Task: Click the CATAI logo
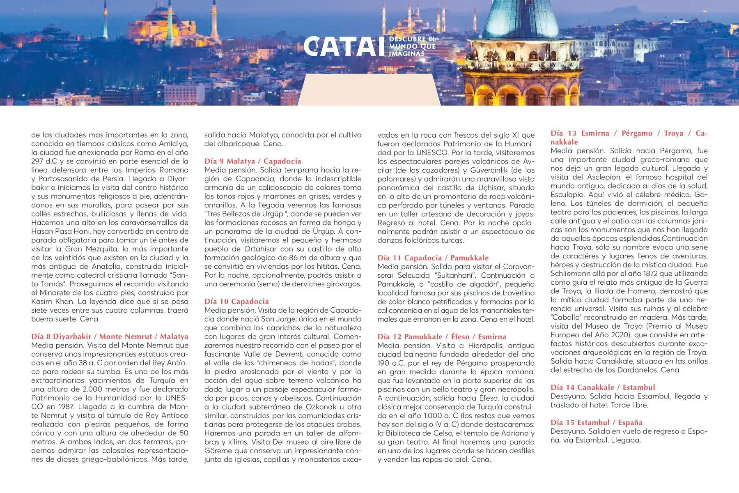click(x=341, y=46)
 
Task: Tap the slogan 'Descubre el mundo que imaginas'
click(x=412, y=46)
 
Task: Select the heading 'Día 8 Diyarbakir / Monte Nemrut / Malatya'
click(x=110, y=336)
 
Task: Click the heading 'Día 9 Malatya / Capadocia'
click(x=252, y=161)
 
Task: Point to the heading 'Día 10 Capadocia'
click(x=236, y=302)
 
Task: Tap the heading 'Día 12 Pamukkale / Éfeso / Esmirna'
click(x=442, y=337)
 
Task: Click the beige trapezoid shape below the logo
click(x=369, y=90)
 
